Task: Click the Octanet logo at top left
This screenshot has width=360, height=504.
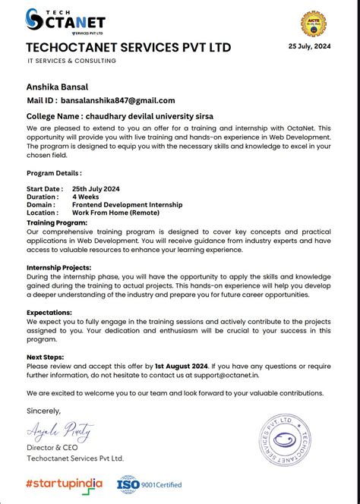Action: click(x=65, y=21)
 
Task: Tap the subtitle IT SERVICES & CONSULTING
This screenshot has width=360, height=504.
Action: click(x=72, y=61)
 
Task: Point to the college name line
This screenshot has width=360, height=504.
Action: click(x=125, y=116)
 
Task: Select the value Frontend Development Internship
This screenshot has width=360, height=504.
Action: click(x=127, y=204)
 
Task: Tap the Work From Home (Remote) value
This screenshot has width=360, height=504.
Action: click(x=116, y=213)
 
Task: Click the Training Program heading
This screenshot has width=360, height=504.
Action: click(x=57, y=223)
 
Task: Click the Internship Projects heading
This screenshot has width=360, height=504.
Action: click(x=59, y=267)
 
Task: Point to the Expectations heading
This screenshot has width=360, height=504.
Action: click(x=49, y=312)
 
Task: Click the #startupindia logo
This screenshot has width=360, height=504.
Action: click(x=65, y=483)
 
